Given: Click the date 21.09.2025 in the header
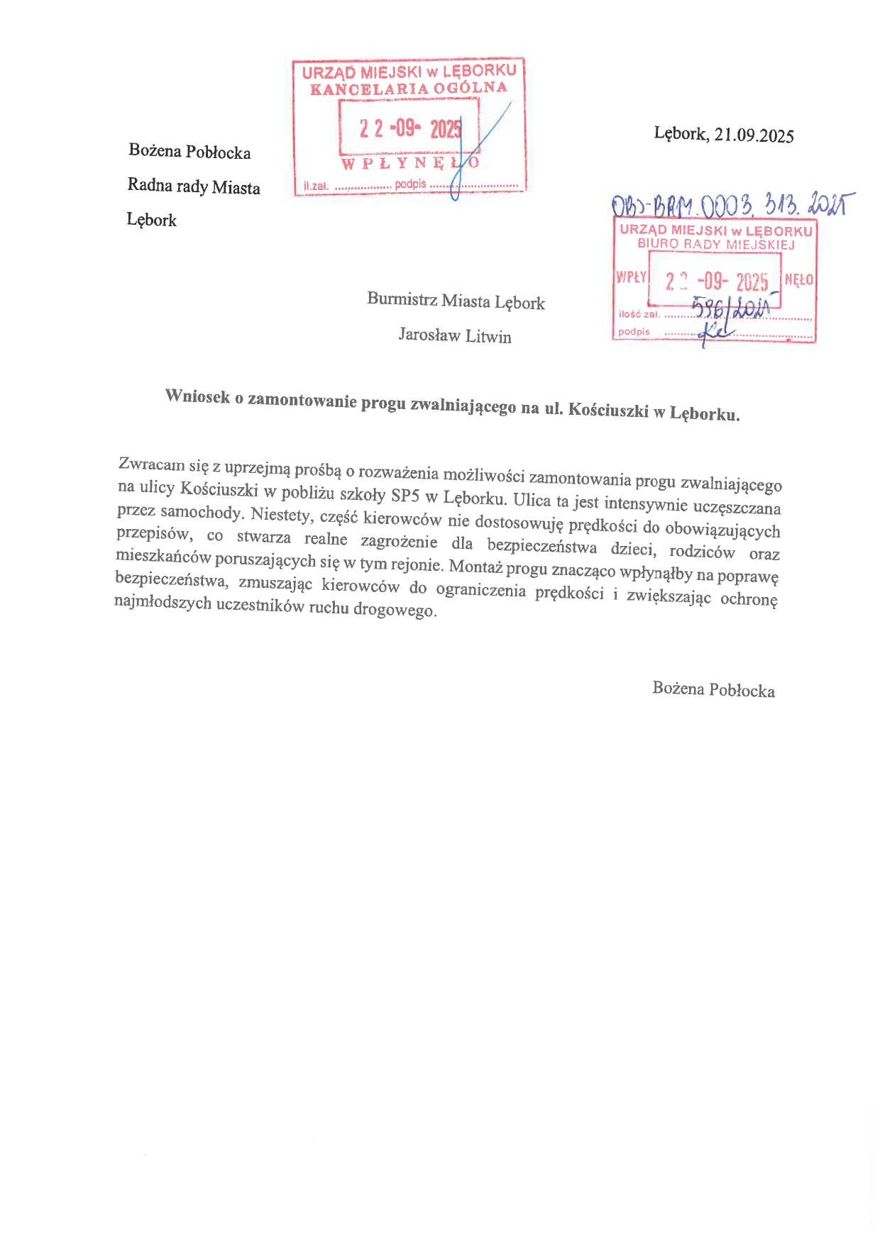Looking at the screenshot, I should click(754, 135).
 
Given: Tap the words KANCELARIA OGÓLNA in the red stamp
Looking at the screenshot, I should click(409, 89).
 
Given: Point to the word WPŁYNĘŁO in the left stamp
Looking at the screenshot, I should click(410, 163).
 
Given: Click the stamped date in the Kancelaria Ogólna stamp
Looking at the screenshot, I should click(409, 128).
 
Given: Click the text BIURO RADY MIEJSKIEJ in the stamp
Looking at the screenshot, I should click(715, 244).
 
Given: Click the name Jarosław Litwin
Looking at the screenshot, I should click(455, 335).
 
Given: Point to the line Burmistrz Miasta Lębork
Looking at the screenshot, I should click(456, 301).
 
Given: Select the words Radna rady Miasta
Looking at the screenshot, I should click(194, 186).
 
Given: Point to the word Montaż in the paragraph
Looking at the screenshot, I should click(475, 567).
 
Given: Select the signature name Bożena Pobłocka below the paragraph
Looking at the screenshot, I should click(713, 689).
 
